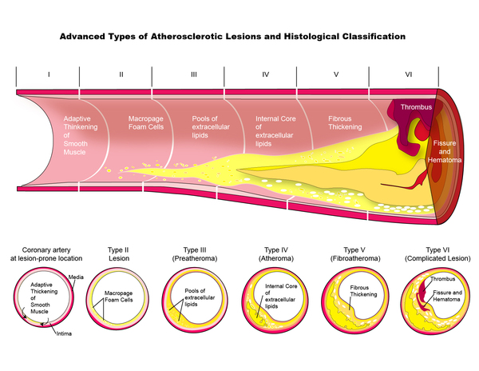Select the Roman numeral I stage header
[x=49, y=74]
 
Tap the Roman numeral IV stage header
[x=266, y=74]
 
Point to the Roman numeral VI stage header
[x=409, y=74]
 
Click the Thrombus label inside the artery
[x=416, y=107]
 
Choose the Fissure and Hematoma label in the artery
[x=445, y=151]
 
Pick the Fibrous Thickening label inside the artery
[x=345, y=122]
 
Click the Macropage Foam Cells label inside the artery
[x=146, y=122]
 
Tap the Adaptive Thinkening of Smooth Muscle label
[x=81, y=135]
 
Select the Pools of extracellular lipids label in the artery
[x=211, y=127]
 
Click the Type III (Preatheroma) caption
[x=195, y=254]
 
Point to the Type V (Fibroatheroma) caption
[x=355, y=254]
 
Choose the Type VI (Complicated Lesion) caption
[x=437, y=254]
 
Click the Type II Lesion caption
[x=118, y=254]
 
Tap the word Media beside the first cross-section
[x=76, y=277]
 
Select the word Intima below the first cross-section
[x=64, y=333]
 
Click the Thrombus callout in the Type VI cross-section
[x=442, y=279]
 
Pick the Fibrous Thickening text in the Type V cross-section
[x=363, y=291]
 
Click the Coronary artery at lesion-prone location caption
[x=46, y=254]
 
